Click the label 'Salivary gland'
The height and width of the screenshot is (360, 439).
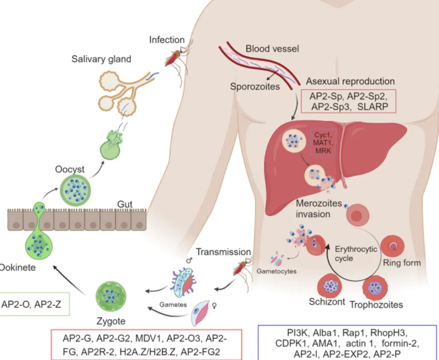pos(101,59)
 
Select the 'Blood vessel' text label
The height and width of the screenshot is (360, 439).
pos(272,49)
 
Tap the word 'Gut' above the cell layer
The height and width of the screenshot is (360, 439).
pos(125,204)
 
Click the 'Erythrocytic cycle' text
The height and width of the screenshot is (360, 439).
pos(349,254)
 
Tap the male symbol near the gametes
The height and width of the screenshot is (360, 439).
pos(189,261)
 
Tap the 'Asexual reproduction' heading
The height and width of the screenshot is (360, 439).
pos(350,81)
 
